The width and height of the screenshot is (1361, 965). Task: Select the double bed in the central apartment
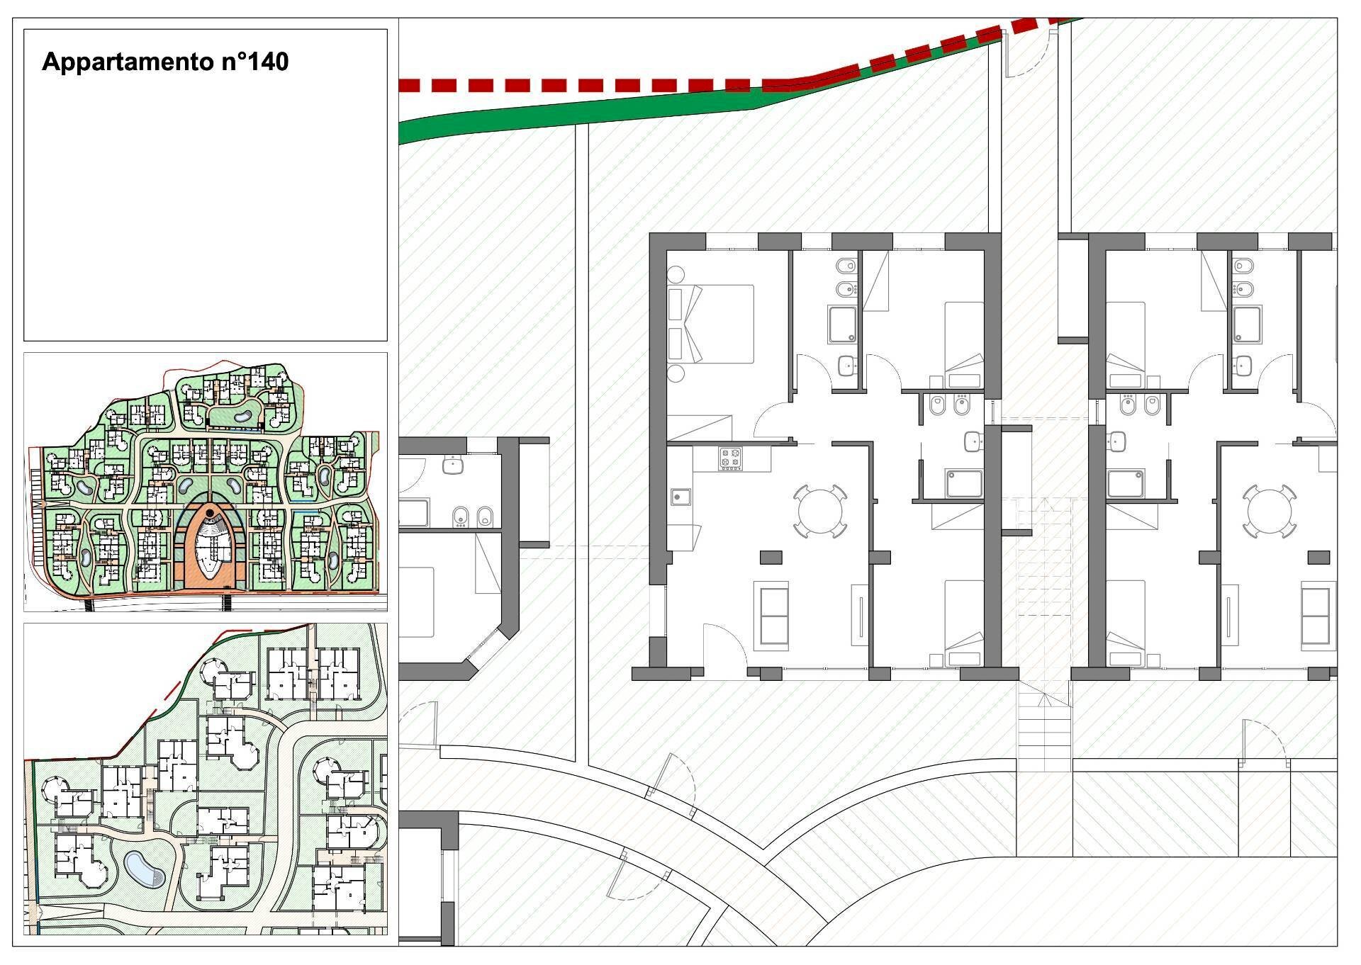[711, 324]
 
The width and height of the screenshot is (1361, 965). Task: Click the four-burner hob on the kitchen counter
[730, 458]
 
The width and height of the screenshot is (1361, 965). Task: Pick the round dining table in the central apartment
[820, 511]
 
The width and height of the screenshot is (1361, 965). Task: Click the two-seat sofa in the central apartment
[774, 616]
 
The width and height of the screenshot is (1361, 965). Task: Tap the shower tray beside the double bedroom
[843, 325]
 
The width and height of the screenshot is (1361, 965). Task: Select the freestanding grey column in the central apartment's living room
[771, 558]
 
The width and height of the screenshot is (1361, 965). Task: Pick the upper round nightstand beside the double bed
[675, 274]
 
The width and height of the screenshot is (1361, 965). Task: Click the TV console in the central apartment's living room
[859, 616]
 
